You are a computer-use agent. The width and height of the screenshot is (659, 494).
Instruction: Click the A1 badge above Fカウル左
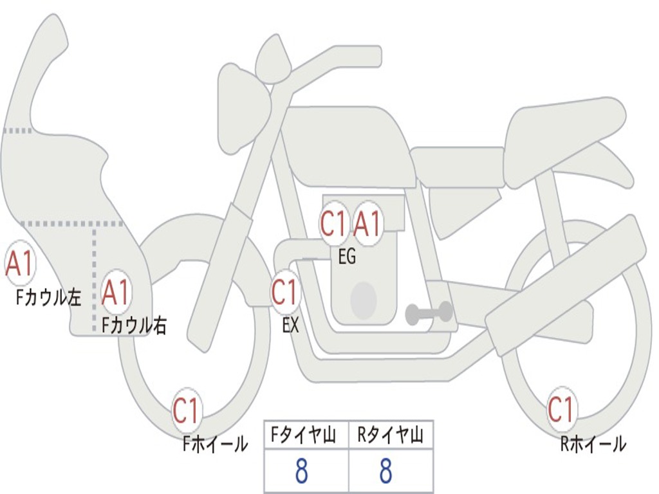point(19,264)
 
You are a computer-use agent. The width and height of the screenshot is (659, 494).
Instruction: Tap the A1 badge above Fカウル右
point(116,293)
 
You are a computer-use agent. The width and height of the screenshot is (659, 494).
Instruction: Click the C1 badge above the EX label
point(284,293)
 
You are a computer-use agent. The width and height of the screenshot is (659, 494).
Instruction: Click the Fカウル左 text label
point(49,297)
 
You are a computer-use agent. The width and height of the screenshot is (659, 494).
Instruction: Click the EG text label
point(347,257)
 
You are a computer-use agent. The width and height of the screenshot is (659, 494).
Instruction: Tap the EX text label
point(291,325)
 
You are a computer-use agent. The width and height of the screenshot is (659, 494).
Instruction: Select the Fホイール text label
point(215,443)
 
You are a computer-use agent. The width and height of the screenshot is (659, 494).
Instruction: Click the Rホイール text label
point(592,443)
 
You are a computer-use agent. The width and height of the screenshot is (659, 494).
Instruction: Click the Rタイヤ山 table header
point(390,436)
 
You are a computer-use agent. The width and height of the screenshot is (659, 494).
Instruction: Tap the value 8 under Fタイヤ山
point(302,471)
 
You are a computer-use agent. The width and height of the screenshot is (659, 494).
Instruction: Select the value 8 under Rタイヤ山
point(386,471)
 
